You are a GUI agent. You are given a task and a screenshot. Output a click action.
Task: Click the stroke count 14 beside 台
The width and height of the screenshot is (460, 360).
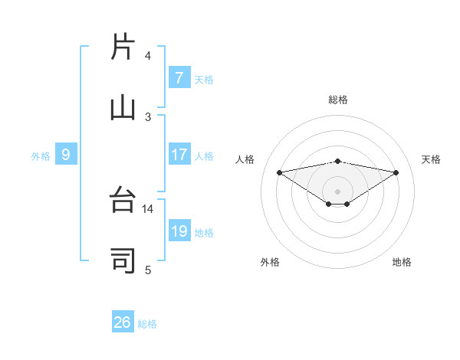(148, 208)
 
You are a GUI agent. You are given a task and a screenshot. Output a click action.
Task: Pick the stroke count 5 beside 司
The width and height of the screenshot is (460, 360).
(148, 270)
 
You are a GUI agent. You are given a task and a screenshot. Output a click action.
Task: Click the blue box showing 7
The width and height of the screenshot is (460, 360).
(179, 78)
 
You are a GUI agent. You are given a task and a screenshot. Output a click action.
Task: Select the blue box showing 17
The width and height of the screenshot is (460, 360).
(179, 155)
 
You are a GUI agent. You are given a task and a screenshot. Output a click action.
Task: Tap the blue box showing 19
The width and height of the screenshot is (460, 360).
(179, 232)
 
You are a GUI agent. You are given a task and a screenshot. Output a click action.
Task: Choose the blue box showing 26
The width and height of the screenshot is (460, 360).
(123, 322)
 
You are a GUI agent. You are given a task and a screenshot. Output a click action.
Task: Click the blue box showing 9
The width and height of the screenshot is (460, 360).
(67, 155)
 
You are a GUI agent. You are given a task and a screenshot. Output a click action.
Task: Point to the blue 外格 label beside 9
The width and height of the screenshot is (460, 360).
(41, 156)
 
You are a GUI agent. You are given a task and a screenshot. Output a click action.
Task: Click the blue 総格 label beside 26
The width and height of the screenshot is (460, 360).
(147, 324)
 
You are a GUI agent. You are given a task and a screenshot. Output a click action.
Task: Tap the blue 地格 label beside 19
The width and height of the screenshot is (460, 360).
(204, 233)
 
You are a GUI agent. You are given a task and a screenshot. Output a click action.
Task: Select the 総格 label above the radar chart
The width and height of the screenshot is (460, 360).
(337, 100)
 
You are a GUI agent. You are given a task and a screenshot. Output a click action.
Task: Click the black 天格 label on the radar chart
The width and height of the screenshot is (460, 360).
(431, 159)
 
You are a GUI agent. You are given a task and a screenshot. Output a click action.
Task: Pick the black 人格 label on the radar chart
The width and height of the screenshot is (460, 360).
(245, 159)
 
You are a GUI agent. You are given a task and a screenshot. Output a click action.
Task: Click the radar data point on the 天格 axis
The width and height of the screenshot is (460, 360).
(396, 172)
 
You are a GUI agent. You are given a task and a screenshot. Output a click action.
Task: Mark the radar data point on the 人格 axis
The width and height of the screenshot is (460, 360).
(280, 172)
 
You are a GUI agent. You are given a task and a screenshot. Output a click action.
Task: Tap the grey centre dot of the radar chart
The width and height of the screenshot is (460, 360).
(338, 191)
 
